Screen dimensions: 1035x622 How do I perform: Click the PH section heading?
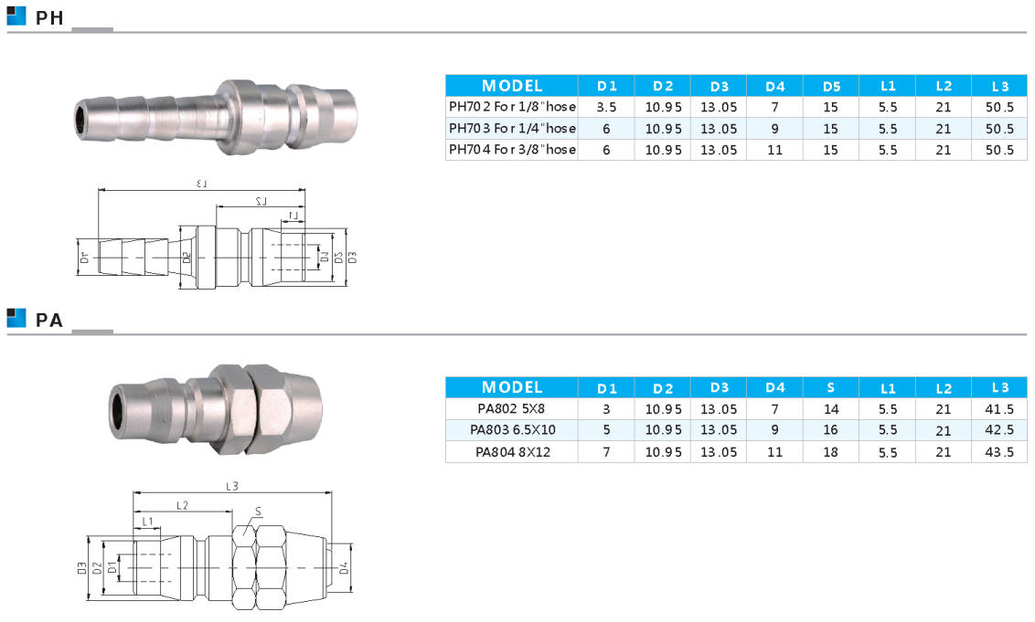point(49,17)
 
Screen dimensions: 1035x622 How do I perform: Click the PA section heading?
point(49,320)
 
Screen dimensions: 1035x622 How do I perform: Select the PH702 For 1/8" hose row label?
point(512,106)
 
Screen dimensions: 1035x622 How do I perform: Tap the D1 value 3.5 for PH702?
point(606,107)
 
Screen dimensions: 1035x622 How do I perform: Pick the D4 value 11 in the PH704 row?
point(775,150)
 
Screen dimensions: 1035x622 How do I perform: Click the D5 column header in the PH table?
point(832,87)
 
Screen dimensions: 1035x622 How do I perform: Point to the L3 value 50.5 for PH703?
point(999,129)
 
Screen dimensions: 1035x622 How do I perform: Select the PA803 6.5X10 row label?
point(512,430)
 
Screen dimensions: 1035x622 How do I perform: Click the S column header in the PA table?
point(831,388)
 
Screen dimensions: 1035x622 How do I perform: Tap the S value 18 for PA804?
point(831,452)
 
